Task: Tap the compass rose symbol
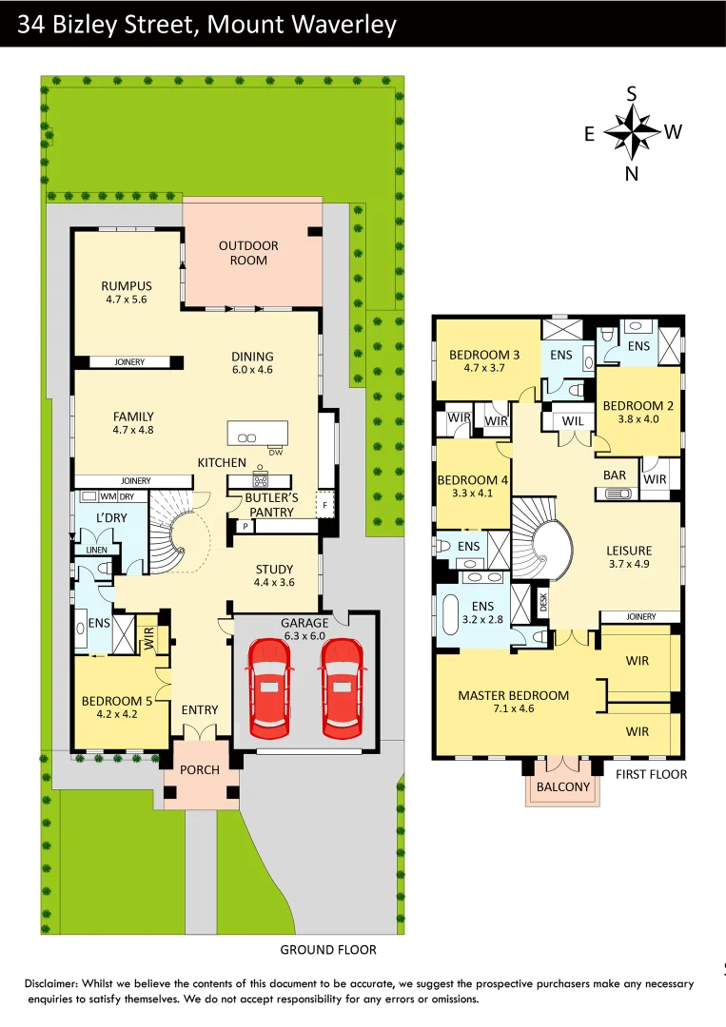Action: pyautogui.click(x=632, y=132)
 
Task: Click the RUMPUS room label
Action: pyautogui.click(x=127, y=286)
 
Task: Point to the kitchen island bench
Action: pyautogui.click(x=257, y=433)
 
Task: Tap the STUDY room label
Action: pyautogui.click(x=274, y=570)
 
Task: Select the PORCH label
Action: pyautogui.click(x=200, y=769)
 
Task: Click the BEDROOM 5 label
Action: pyautogui.click(x=111, y=702)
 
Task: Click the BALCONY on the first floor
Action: pyautogui.click(x=563, y=786)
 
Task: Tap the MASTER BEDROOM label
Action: pyautogui.click(x=513, y=695)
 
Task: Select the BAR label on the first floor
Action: pyautogui.click(x=615, y=475)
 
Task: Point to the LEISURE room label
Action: pyautogui.click(x=629, y=551)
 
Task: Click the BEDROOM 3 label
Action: pyautogui.click(x=483, y=356)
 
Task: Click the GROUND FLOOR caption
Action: pyautogui.click(x=327, y=949)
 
